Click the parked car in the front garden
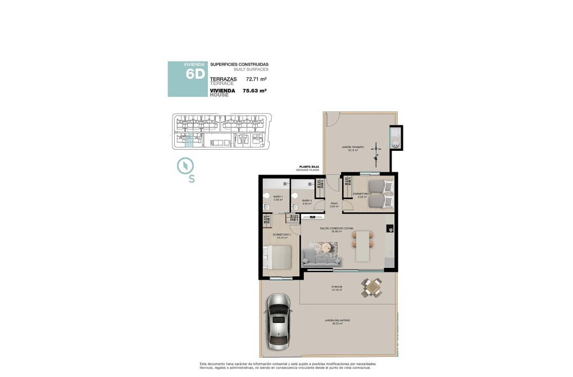(x=279, y=321)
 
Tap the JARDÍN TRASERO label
(x=352, y=148)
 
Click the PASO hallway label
(x=334, y=205)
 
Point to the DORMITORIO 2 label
(x=362, y=194)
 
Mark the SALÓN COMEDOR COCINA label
(x=336, y=228)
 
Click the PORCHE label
(x=336, y=288)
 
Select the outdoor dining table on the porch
(x=371, y=288)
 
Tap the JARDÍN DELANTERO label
(x=337, y=321)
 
